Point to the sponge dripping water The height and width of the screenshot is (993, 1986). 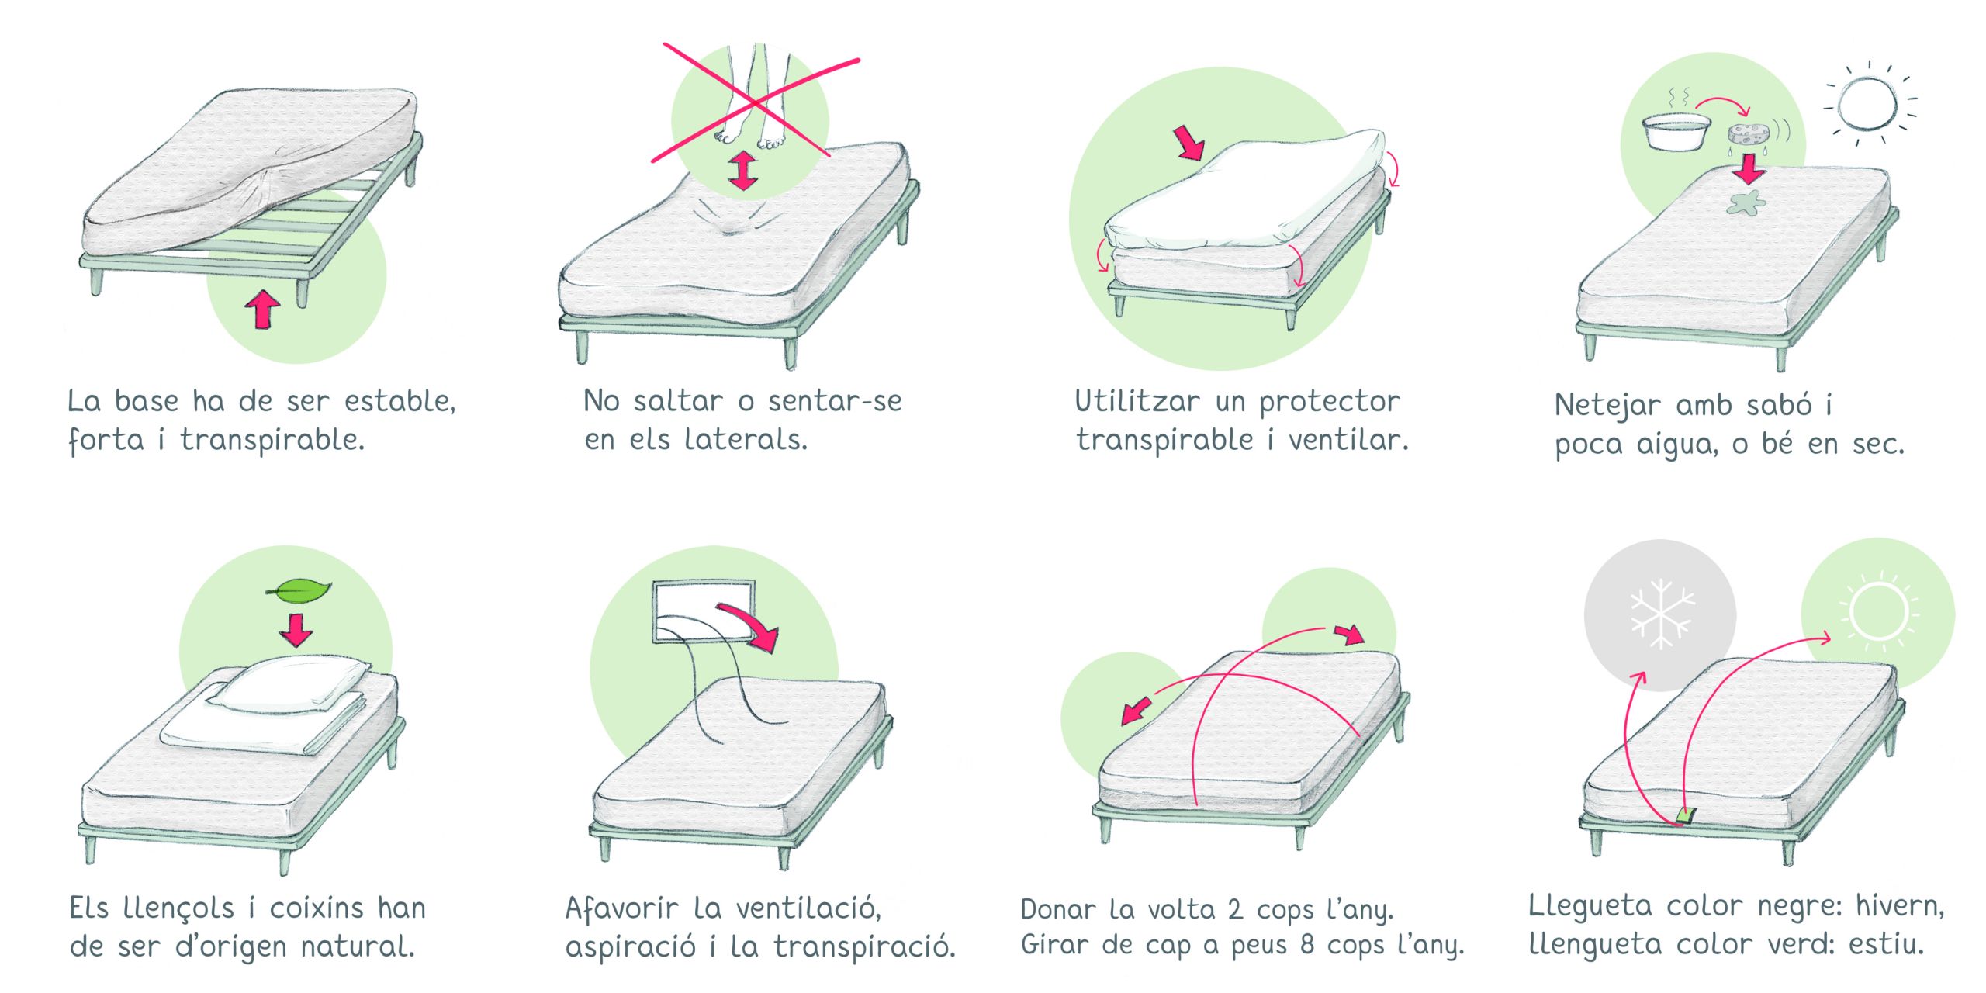(x=1749, y=135)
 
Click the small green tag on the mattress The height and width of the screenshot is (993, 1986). (x=1686, y=815)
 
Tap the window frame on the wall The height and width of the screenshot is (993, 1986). (x=704, y=611)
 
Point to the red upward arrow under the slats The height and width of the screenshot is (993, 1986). (x=262, y=309)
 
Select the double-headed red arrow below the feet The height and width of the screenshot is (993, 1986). (x=743, y=171)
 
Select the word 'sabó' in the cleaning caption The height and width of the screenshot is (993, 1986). (x=1778, y=404)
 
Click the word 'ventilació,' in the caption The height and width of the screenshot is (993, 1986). (x=808, y=908)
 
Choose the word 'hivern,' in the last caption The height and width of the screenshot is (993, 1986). (x=1900, y=905)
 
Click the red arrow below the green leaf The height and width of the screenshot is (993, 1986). (x=296, y=629)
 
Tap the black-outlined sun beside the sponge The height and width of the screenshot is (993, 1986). (x=1870, y=103)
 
